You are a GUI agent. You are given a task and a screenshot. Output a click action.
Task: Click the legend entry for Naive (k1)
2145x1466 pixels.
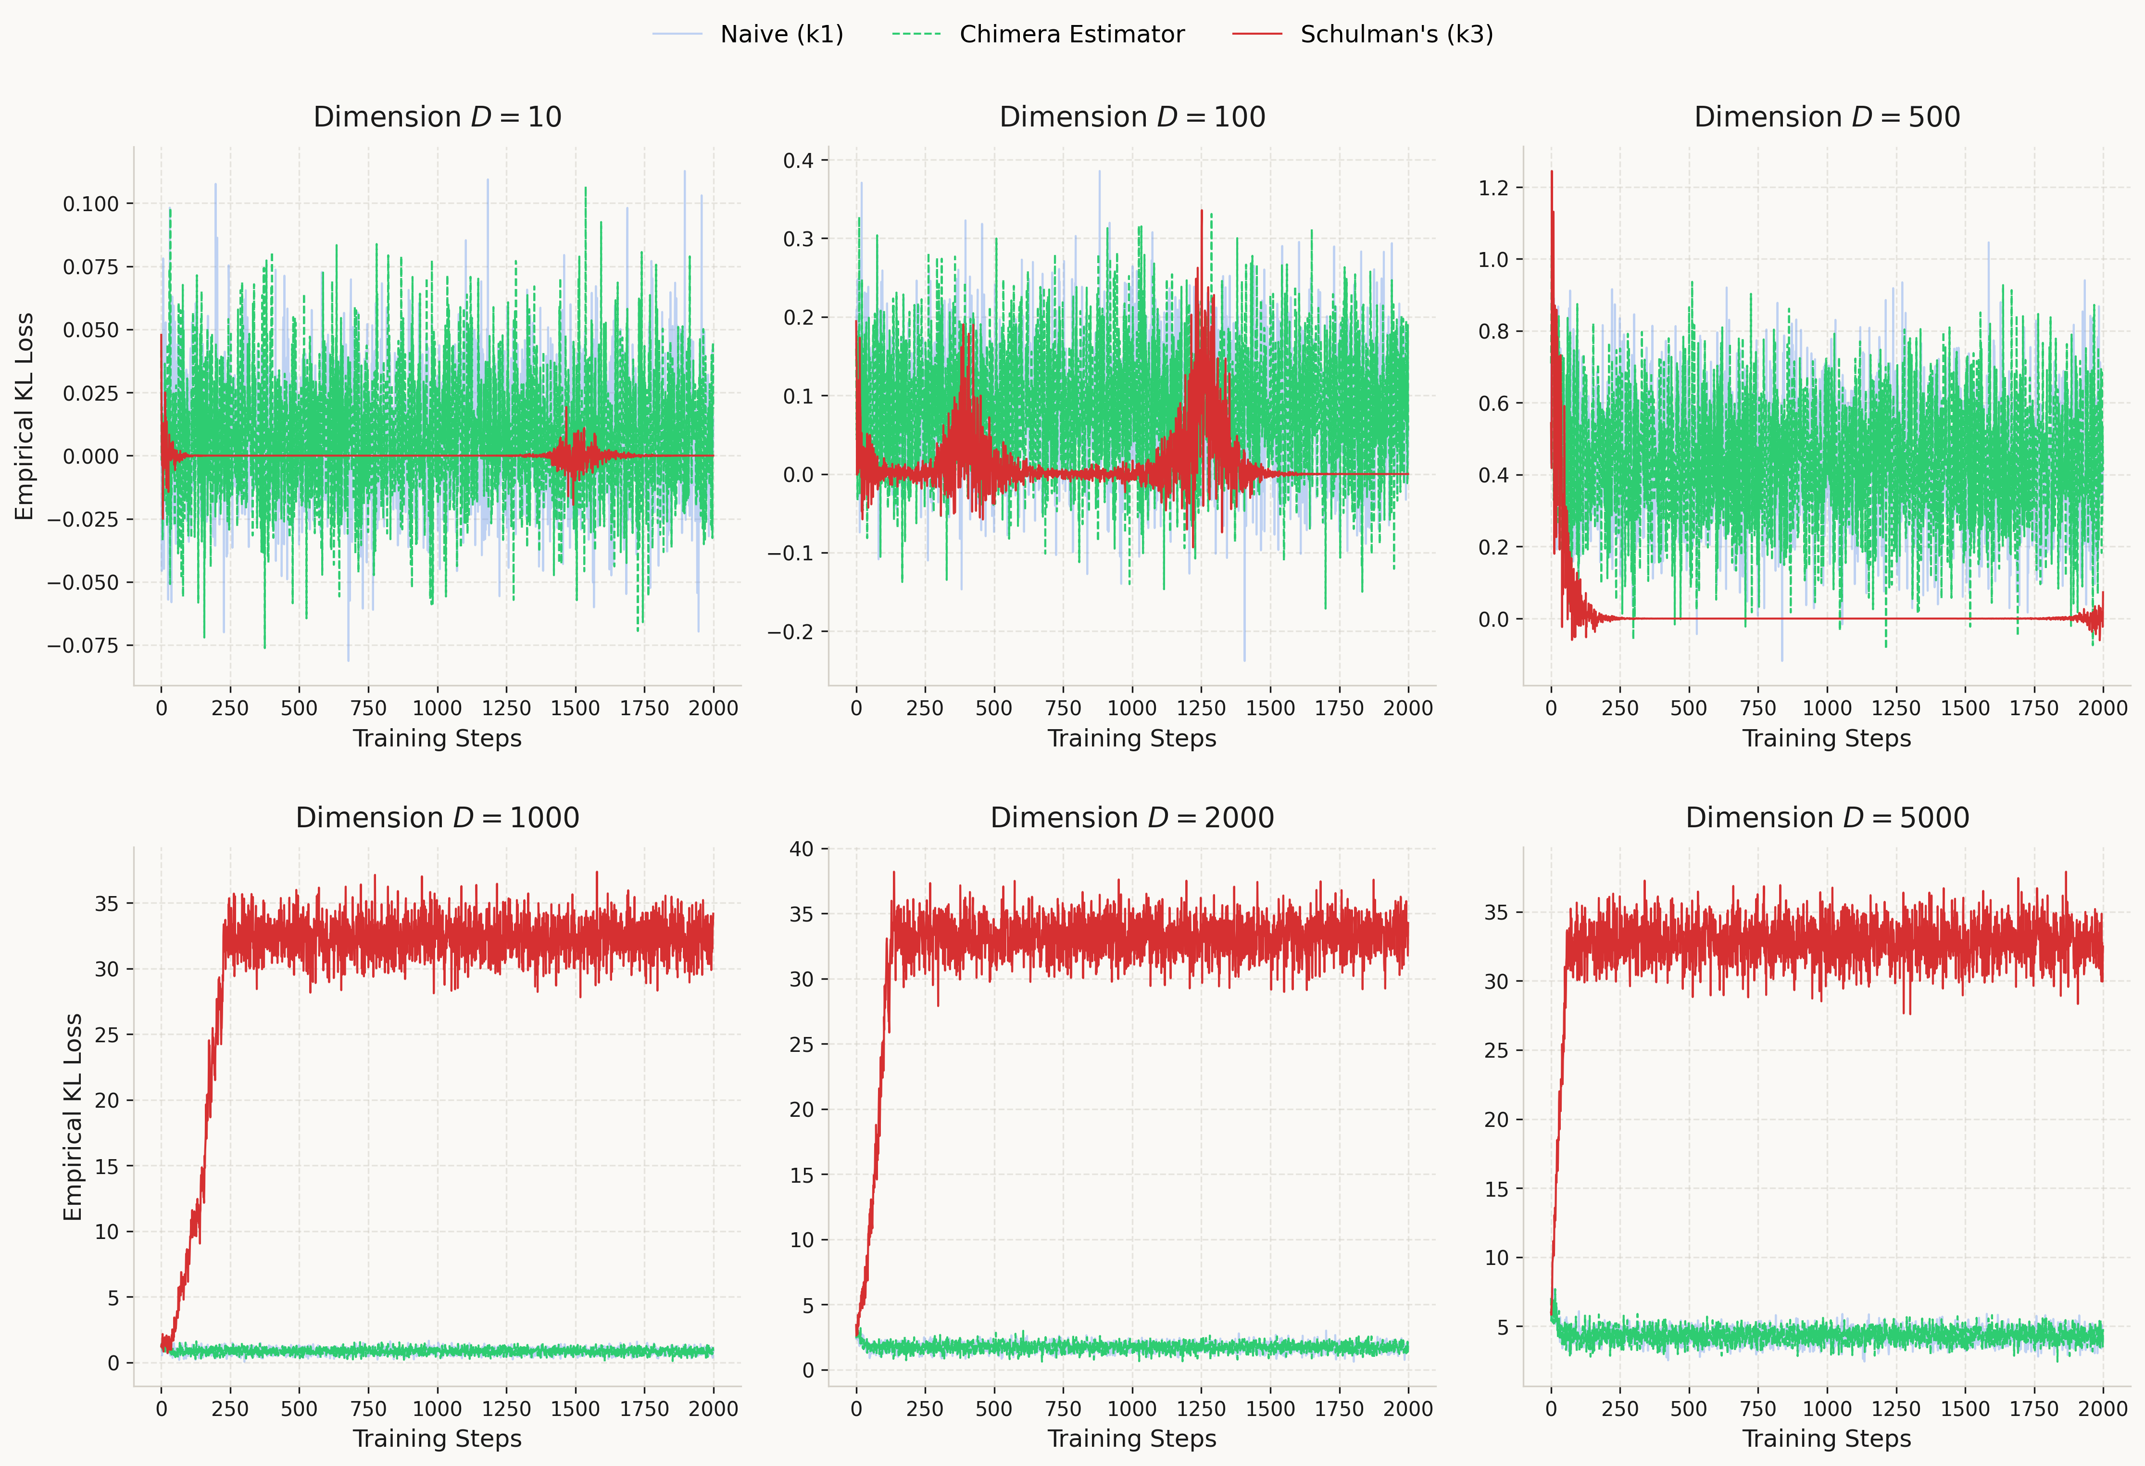(x=781, y=34)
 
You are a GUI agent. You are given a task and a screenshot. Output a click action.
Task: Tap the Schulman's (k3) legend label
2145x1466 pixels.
(x=1395, y=34)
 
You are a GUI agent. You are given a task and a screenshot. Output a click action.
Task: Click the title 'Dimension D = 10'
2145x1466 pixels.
(x=438, y=117)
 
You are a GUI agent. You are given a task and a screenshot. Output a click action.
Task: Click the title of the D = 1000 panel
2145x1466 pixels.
(x=438, y=818)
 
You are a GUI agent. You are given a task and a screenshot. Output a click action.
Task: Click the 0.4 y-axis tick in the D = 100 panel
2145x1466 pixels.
(x=798, y=161)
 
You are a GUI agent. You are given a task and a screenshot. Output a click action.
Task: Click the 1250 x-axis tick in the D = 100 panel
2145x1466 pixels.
(x=1201, y=708)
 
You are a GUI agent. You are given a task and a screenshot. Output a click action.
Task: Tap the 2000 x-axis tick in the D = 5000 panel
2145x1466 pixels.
(x=2103, y=1409)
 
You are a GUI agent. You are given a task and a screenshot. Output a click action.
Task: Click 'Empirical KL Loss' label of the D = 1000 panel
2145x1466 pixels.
(x=73, y=1117)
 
